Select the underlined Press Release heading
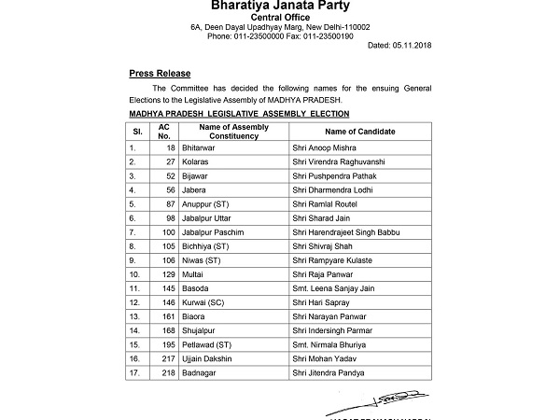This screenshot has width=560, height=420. click(159, 73)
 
